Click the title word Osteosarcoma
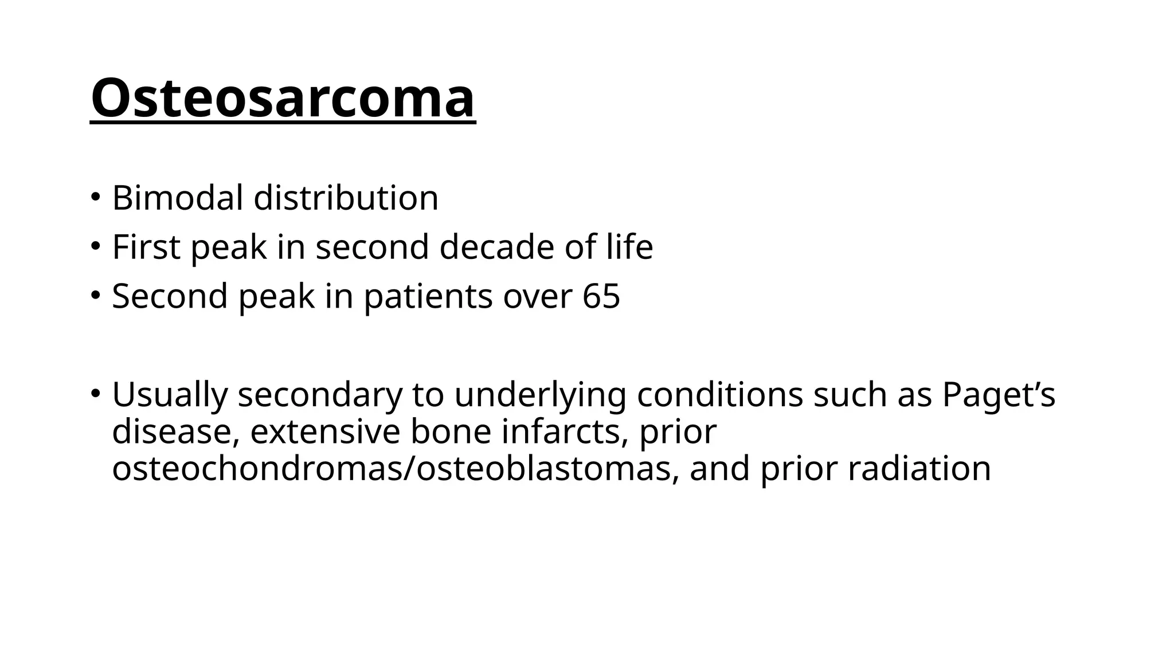point(283,98)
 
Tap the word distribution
point(346,198)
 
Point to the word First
point(146,247)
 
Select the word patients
point(428,296)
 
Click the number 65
point(601,296)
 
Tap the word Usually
point(170,395)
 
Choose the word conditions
point(719,395)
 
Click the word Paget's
point(998,395)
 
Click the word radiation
point(919,468)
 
